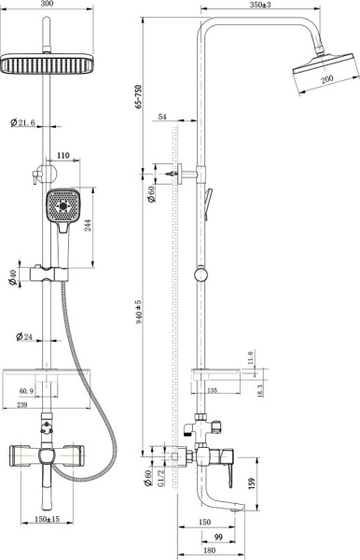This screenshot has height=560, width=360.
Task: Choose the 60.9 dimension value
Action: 25,391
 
